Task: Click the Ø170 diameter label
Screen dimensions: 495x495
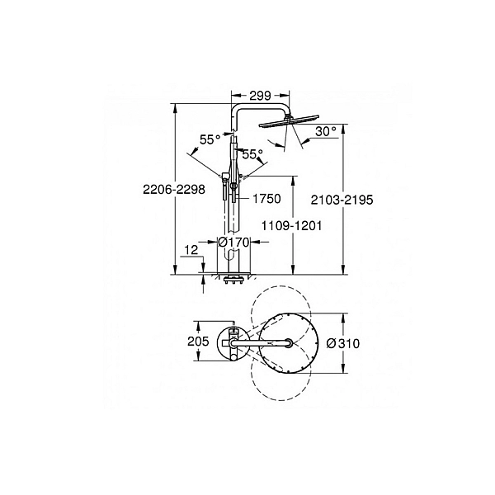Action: (x=233, y=243)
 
